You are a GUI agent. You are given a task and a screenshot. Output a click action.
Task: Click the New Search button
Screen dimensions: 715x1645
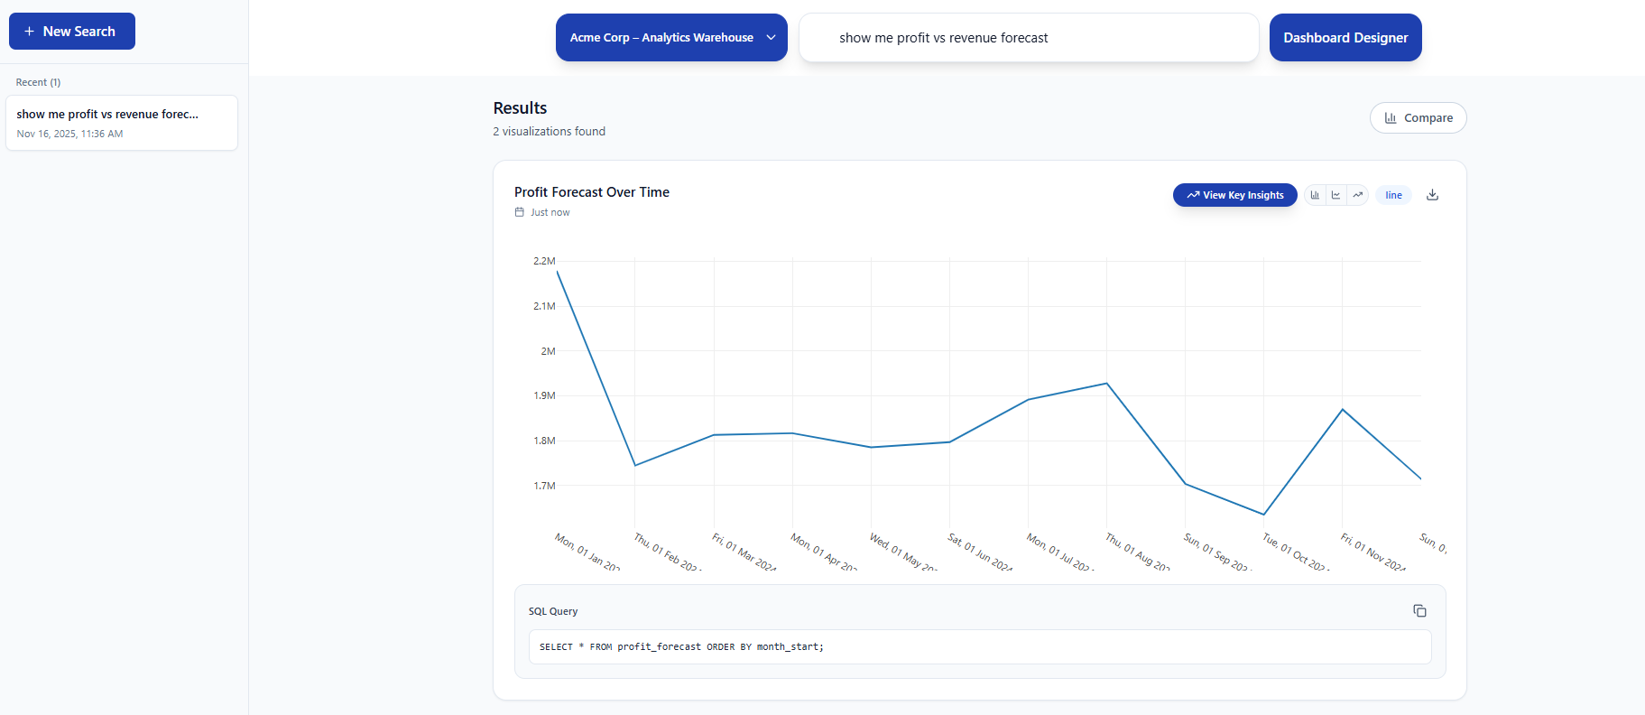[71, 32]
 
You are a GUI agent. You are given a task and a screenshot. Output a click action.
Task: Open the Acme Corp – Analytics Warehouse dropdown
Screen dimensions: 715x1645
[670, 38]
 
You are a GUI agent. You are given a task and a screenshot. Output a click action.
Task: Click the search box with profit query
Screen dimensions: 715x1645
[1029, 38]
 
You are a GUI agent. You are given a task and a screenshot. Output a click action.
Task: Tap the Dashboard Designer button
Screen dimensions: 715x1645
[1345, 38]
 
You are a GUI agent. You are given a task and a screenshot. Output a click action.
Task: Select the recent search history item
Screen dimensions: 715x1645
[121, 123]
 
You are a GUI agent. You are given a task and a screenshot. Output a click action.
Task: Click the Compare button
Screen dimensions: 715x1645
[1418, 118]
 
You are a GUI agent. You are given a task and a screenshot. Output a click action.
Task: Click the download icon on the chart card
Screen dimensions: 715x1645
[1432, 195]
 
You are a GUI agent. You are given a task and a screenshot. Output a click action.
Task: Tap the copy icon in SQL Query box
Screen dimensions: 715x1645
[1419, 611]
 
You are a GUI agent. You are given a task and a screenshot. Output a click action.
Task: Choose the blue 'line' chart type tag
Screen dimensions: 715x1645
[1393, 195]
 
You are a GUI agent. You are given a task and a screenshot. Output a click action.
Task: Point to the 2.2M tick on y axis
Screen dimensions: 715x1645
[544, 261]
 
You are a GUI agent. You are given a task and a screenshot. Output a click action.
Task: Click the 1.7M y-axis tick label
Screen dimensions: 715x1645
[544, 486]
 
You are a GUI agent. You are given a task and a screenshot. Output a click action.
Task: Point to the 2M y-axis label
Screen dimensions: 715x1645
[548, 351]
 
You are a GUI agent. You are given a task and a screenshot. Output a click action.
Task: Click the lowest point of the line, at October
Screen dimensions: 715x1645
[1263, 515]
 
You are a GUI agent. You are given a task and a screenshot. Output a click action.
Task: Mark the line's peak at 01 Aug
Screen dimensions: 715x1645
[1106, 384]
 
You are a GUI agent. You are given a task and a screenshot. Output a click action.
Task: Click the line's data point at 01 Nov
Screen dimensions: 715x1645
[1343, 410]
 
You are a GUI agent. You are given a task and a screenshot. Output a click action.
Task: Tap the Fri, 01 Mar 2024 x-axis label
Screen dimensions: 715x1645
[744, 552]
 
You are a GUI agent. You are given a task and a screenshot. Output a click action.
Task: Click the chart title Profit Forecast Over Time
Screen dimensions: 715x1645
[592, 192]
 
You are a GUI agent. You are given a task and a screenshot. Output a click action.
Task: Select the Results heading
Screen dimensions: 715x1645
[520, 108]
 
